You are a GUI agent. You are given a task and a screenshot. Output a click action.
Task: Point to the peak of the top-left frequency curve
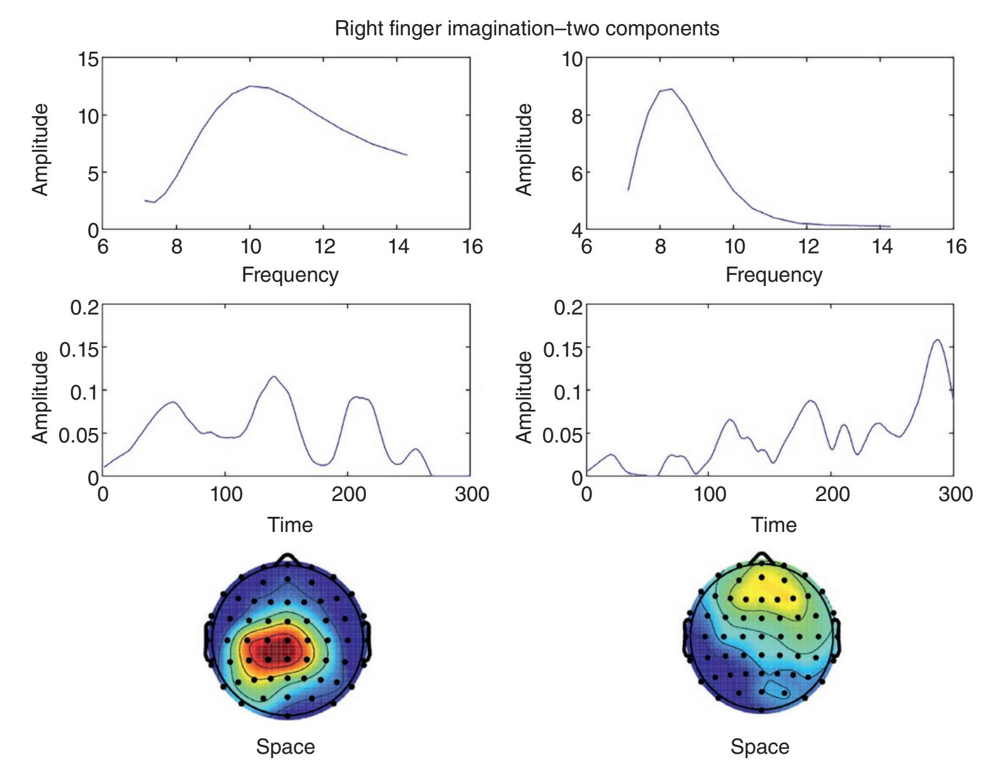251,86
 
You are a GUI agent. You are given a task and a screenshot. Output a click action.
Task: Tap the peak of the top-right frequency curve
671,89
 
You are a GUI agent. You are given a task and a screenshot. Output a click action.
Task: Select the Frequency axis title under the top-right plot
773,275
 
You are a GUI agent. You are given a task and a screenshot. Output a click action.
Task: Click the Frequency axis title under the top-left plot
290,275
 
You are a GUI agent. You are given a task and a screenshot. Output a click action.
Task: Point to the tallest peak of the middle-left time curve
274,377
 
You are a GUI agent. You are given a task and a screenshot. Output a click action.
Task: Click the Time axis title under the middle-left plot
290,524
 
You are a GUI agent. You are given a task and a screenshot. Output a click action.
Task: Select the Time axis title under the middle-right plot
773,524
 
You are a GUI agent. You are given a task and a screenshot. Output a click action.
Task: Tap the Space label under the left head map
285,747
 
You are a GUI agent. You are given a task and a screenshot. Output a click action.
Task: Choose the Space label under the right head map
760,747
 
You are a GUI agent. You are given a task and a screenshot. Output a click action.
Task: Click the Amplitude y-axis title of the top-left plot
40,149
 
